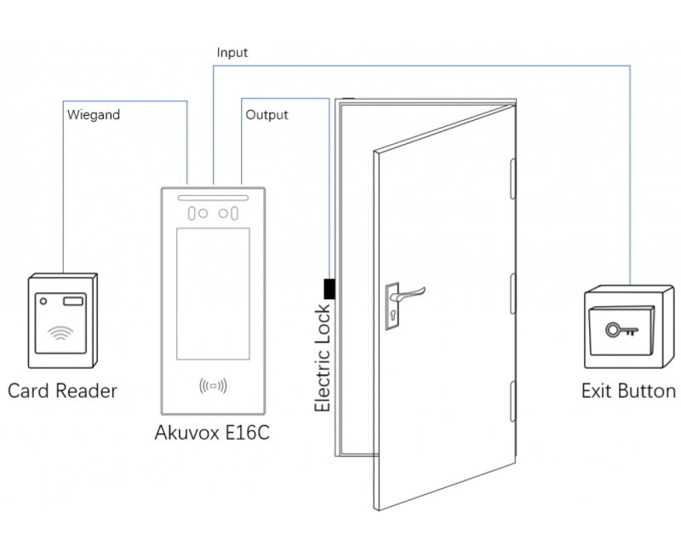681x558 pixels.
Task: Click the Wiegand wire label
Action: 93,113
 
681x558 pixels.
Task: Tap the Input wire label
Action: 232,53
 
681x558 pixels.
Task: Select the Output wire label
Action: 266,114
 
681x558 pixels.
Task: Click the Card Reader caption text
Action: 62,391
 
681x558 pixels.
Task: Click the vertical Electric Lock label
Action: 323,358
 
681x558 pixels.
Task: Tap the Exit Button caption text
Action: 627,391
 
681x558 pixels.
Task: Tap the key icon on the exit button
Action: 620,330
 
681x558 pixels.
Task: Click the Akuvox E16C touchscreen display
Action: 213,293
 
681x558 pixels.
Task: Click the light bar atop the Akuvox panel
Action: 213,197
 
